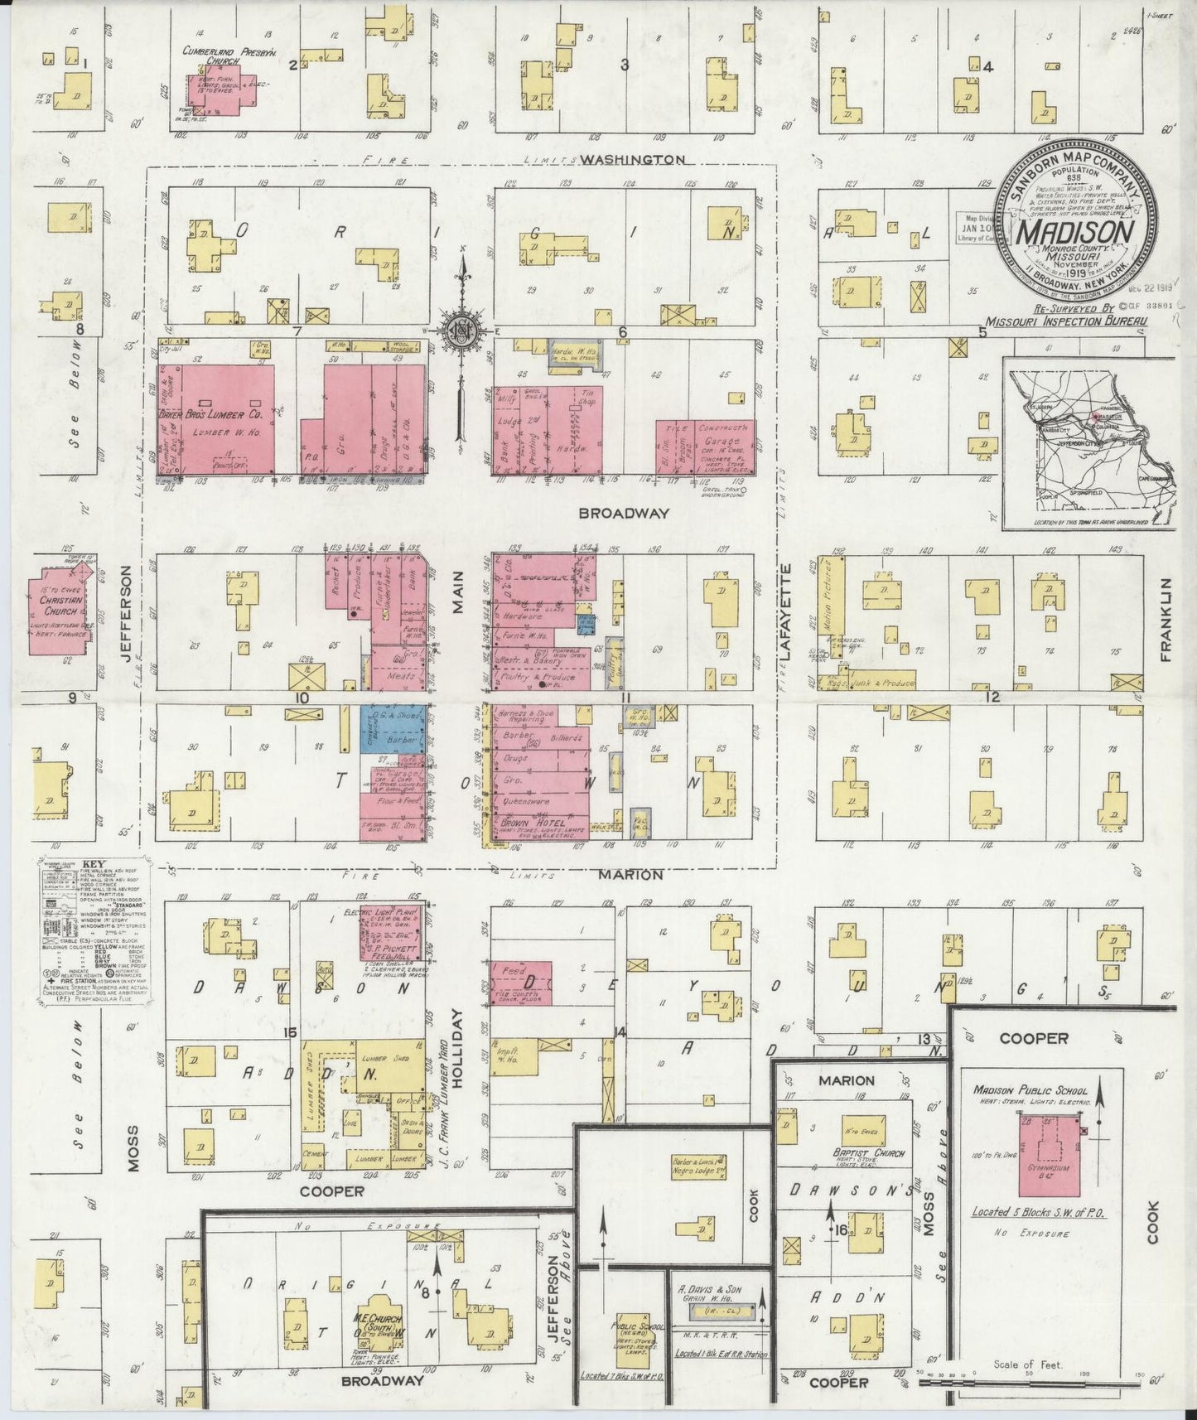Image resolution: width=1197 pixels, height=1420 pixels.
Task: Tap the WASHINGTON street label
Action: [632, 159]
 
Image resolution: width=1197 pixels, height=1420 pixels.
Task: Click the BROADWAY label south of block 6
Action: [623, 514]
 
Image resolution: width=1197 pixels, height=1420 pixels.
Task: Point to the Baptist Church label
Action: [869, 1153]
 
